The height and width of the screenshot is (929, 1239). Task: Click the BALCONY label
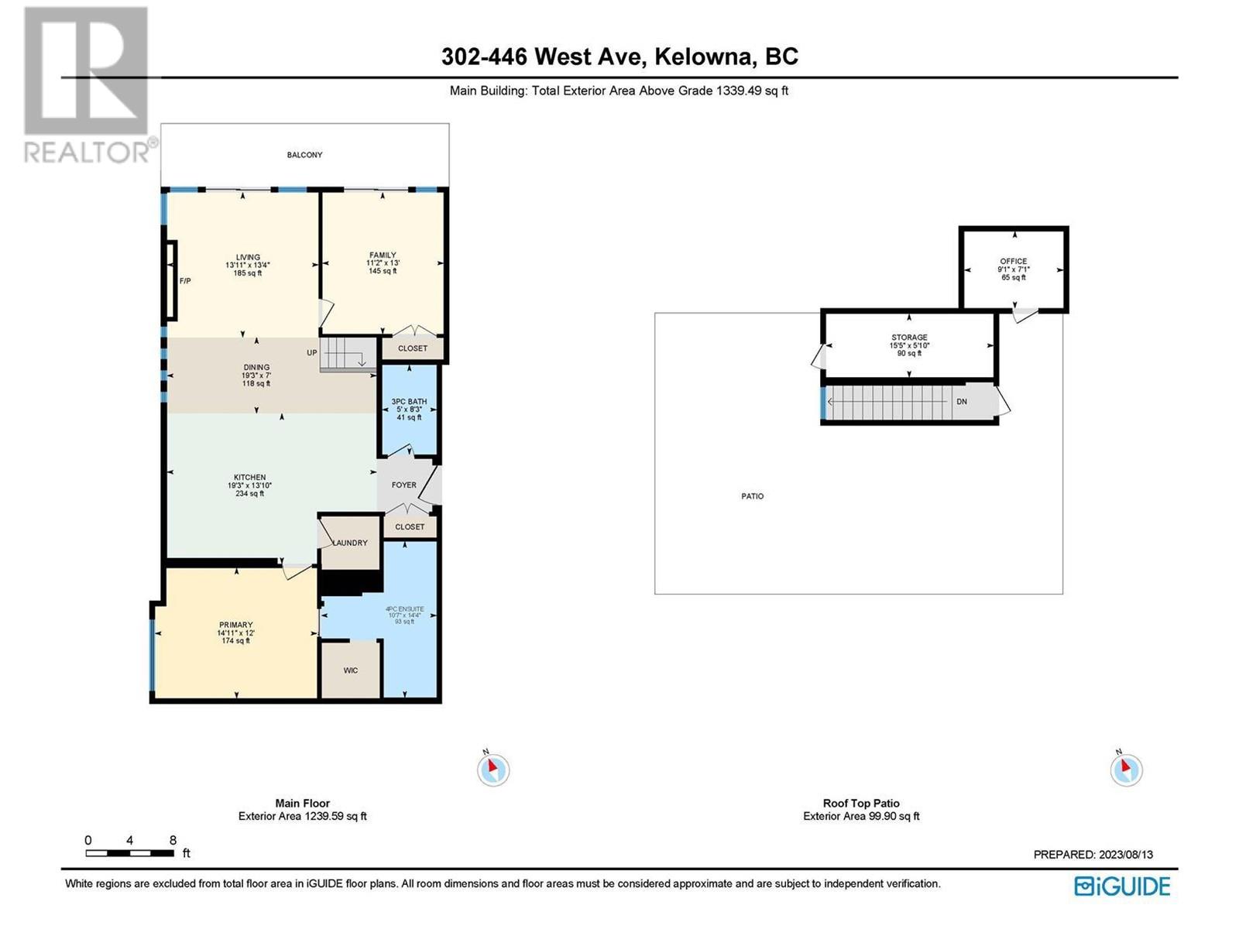point(304,155)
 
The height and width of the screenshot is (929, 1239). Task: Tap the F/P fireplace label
point(184,280)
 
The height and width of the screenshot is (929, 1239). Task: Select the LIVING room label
point(248,257)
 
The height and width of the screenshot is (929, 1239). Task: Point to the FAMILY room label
point(383,255)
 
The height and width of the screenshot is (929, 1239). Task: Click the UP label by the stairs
point(311,352)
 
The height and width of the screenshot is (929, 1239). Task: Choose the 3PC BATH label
point(409,402)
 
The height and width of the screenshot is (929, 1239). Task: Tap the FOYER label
point(404,485)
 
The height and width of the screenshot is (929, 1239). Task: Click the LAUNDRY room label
point(351,543)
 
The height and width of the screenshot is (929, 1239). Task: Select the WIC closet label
point(351,670)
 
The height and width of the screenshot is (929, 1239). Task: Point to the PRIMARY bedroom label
point(236,625)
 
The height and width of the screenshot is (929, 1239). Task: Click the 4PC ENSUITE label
point(404,608)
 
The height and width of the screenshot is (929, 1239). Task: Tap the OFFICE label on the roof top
point(1013,261)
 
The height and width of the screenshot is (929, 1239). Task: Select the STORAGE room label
point(909,338)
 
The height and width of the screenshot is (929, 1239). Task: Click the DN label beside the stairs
point(962,402)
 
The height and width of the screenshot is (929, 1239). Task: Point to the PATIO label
point(753,495)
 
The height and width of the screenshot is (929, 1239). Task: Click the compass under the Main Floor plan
point(493,770)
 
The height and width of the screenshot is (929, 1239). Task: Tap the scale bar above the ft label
point(130,853)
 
